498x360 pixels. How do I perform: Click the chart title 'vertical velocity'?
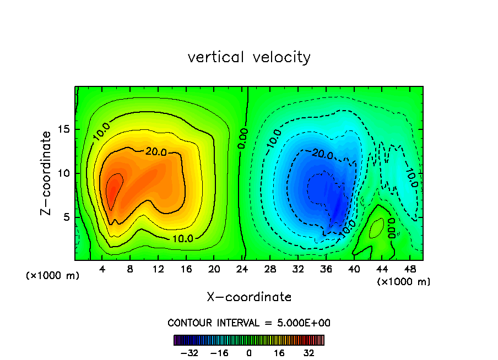tap(249, 57)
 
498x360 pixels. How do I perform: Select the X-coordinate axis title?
tap(249, 297)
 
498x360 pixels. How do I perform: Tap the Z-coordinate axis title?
tap(48, 173)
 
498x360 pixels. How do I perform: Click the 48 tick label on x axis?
tap(410, 269)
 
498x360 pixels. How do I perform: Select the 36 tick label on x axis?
tap(326, 269)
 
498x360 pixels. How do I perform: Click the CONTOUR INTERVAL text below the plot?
tap(249, 323)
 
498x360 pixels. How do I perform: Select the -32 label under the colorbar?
tap(189, 353)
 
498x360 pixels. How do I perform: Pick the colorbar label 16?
tap(279, 353)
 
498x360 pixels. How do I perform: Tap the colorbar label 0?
tap(249, 353)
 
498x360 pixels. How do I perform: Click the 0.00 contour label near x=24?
tap(243, 139)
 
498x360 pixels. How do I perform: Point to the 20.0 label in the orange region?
tap(155, 152)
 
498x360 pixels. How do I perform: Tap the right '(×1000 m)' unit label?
tap(404, 282)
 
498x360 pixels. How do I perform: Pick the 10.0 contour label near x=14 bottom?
tap(182, 239)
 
